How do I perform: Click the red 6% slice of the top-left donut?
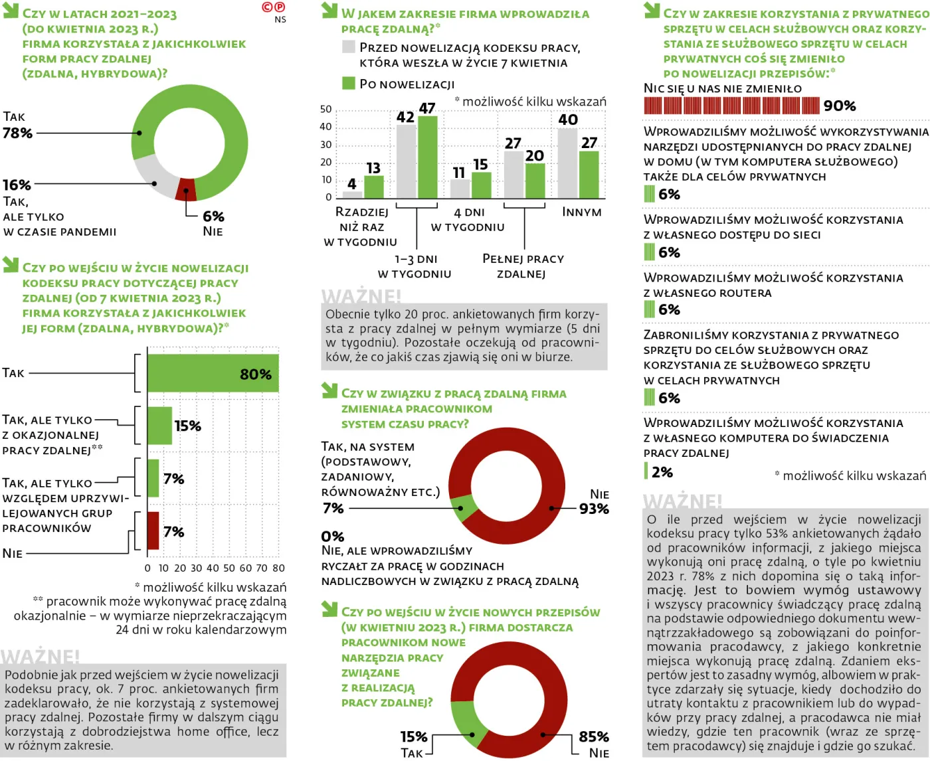click(x=185, y=190)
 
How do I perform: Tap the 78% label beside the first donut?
click(x=18, y=133)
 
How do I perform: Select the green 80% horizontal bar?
click(x=213, y=373)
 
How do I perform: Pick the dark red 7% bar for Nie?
click(x=153, y=531)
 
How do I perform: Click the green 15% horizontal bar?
click(x=159, y=426)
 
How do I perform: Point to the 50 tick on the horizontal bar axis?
click(x=229, y=568)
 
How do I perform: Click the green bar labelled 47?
click(x=427, y=157)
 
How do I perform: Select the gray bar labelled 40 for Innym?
click(x=567, y=163)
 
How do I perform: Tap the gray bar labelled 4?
click(x=352, y=195)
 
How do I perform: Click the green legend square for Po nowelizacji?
click(x=349, y=83)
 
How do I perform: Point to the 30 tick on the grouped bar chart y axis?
click(x=326, y=145)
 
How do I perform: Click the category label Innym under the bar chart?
click(x=582, y=212)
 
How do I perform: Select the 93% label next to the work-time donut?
click(x=594, y=509)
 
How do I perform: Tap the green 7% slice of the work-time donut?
click(x=462, y=508)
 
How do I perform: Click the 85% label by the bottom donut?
click(x=594, y=736)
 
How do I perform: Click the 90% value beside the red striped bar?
click(x=840, y=106)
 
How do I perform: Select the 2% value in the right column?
click(x=662, y=472)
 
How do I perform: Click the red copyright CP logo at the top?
click(x=274, y=7)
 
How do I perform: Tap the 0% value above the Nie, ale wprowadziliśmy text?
click(x=333, y=537)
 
